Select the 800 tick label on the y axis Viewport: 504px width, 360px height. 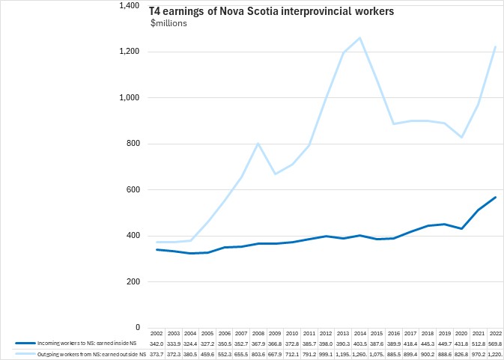pyautogui.click(x=134, y=144)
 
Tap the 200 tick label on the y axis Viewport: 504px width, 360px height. pyautogui.click(x=134, y=281)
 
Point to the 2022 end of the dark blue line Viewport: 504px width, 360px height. pyautogui.click(x=495, y=197)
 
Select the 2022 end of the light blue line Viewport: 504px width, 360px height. pyautogui.click(x=495, y=47)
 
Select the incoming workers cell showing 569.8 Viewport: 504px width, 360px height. pyautogui.click(x=495, y=343)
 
